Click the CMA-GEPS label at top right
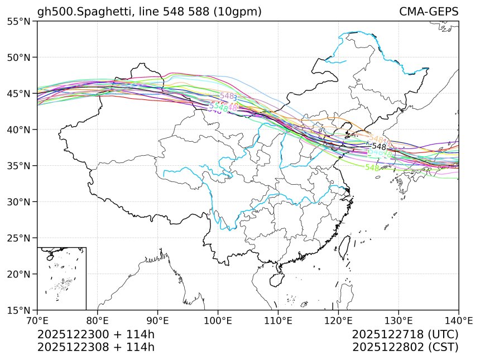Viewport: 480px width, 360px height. [x=429, y=12]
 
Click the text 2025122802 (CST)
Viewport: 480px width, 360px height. [x=405, y=347]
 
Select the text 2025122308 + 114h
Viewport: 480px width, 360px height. [x=95, y=347]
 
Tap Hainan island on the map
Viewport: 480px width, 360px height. [x=277, y=280]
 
